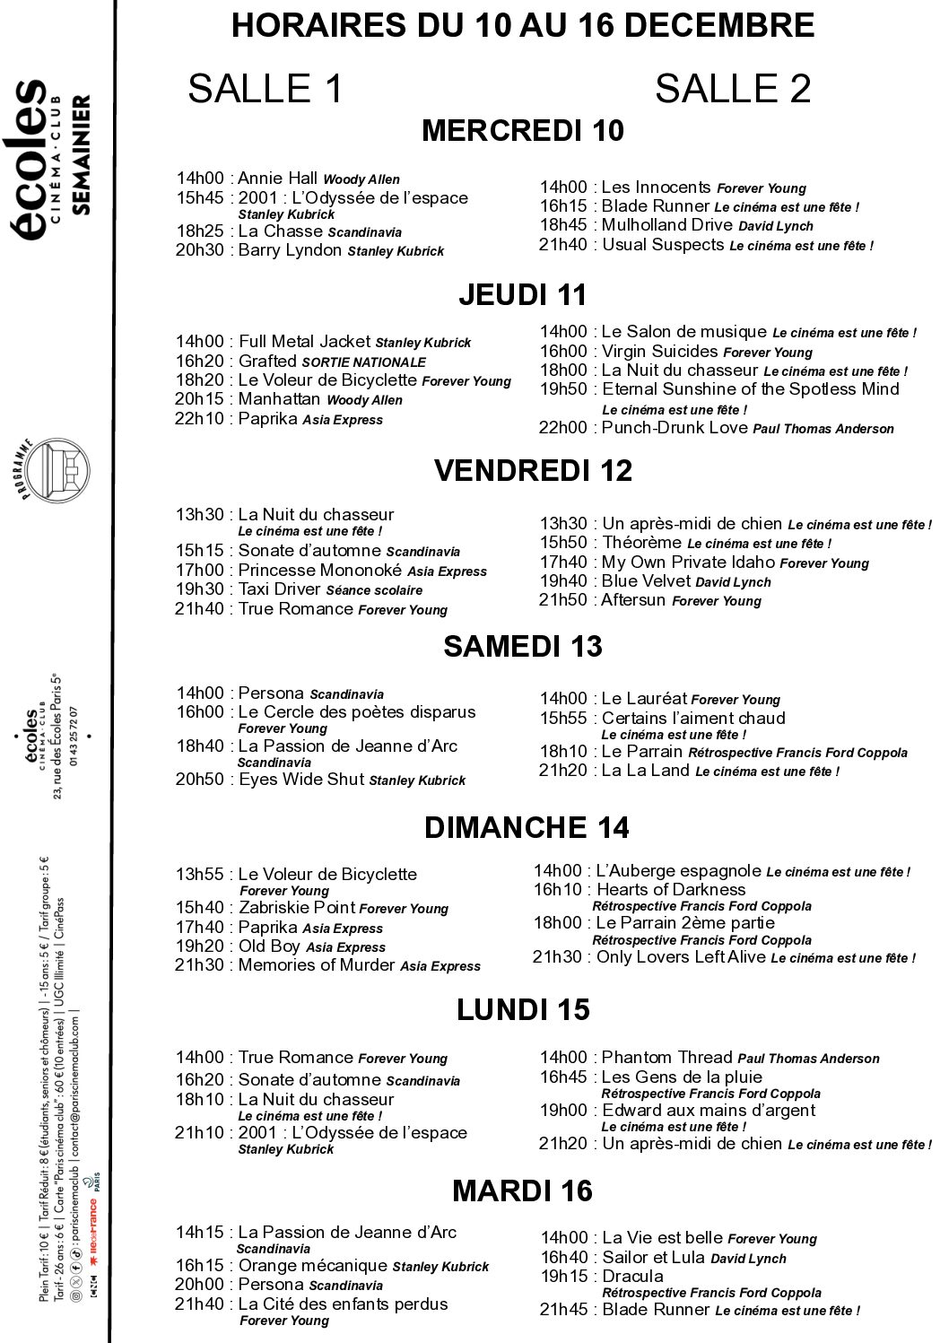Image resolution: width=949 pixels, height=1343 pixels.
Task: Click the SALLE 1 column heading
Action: click(266, 89)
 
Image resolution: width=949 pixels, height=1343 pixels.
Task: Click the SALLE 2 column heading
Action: click(732, 89)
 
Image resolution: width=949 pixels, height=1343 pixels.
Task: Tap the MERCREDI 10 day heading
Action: click(523, 131)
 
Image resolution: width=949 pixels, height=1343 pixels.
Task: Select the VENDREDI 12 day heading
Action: click(533, 471)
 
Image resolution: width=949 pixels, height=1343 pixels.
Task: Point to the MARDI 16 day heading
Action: click(522, 1191)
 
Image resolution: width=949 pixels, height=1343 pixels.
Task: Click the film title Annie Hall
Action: click(277, 179)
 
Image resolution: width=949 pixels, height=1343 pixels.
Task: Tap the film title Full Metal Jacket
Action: click(304, 342)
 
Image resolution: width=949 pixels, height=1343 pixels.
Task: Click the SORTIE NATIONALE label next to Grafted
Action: click(364, 362)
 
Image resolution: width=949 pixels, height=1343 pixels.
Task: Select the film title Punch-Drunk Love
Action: click(675, 428)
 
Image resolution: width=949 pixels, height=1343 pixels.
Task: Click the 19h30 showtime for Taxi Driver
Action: click(199, 589)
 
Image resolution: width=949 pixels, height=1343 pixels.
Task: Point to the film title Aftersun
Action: click(633, 600)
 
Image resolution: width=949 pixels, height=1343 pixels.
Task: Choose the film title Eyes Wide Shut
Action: click(301, 780)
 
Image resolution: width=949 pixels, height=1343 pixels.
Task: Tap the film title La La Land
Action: click(646, 771)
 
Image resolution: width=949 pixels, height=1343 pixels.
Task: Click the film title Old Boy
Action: click(269, 946)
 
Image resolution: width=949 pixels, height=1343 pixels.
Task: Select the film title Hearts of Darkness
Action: click(671, 890)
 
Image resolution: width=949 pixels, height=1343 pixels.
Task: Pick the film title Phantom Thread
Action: click(667, 1058)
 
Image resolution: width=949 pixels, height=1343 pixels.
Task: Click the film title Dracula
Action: click(632, 1277)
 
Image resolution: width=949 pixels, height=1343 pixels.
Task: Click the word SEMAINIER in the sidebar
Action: click(81, 154)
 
